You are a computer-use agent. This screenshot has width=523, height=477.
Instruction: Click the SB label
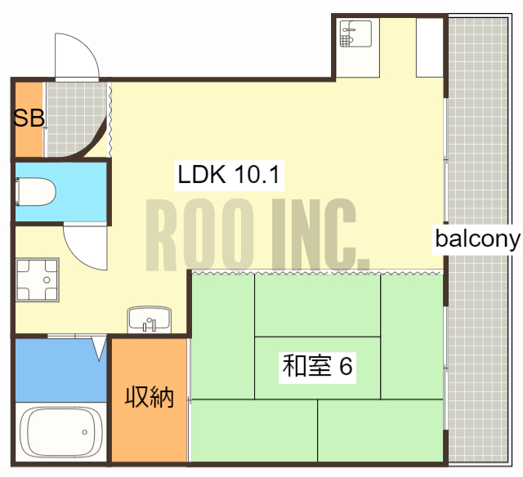[x=29, y=118]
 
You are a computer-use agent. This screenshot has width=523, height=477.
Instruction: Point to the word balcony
[x=478, y=239]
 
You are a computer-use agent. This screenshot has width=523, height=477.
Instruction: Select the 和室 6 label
[x=317, y=367]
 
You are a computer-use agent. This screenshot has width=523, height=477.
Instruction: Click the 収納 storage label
[x=150, y=399]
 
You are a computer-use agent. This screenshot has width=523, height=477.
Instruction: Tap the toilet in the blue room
[x=36, y=194]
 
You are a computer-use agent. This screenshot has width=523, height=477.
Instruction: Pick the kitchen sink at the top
[x=356, y=37]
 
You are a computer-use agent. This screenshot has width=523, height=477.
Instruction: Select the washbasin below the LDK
[x=149, y=319]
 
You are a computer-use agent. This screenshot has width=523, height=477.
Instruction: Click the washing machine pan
[x=38, y=280]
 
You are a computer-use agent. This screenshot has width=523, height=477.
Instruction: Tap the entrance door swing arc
[x=78, y=57]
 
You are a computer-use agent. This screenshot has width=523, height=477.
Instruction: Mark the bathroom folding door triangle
[x=99, y=349]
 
